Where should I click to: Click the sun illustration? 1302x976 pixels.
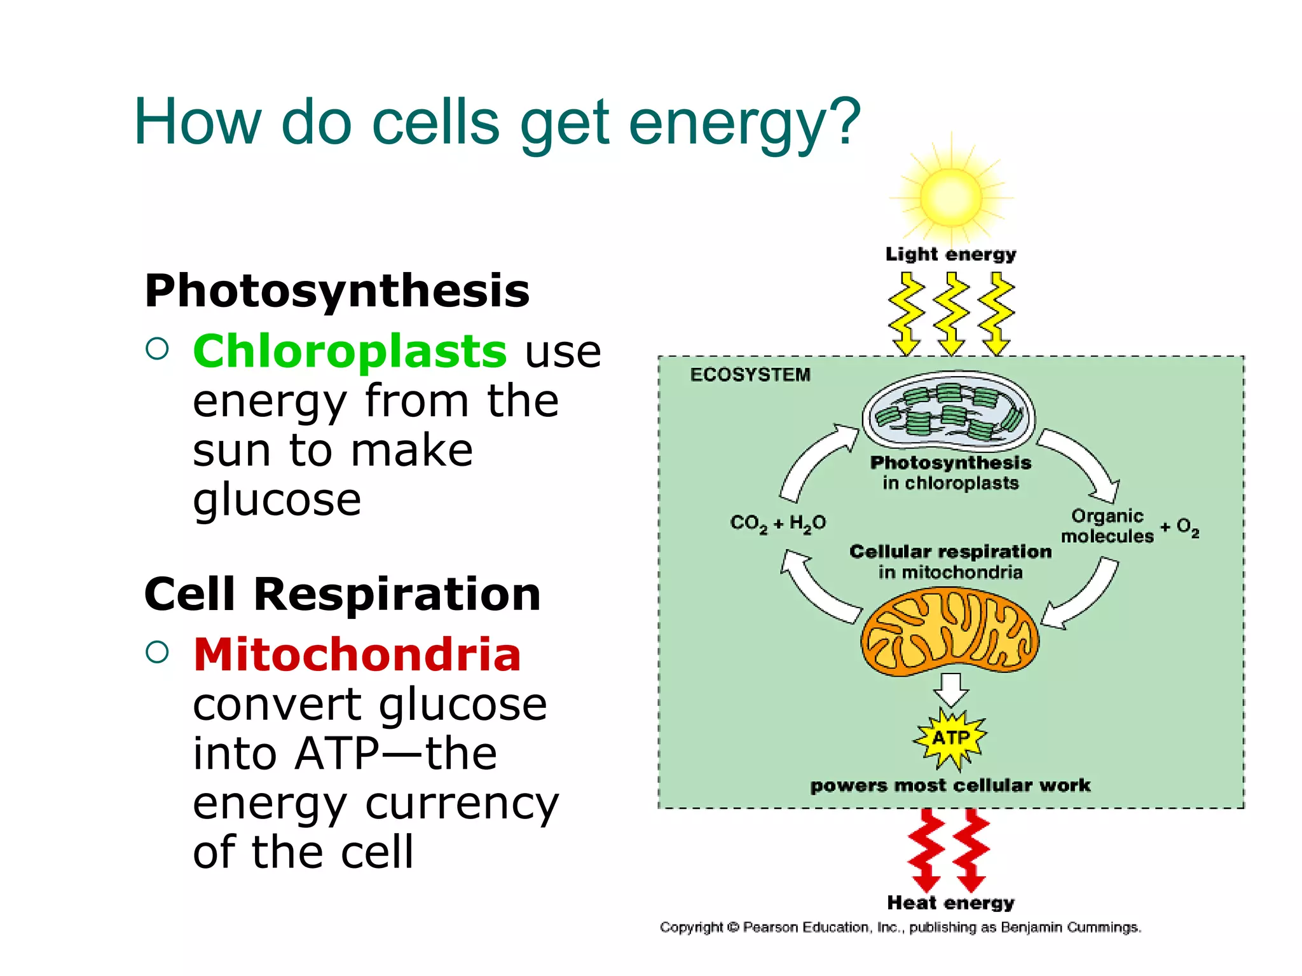tap(951, 197)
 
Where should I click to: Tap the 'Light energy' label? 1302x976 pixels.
tap(950, 254)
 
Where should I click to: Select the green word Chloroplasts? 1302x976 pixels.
tap(350, 351)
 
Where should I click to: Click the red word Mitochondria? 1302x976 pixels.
tap(357, 654)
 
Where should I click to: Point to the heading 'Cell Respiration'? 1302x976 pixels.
tap(342, 594)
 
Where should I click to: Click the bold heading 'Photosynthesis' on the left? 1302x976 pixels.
tap(337, 291)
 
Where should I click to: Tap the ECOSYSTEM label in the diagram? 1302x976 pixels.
tap(750, 375)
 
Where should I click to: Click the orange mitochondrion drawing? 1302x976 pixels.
tap(950, 631)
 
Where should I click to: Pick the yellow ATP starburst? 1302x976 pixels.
tap(950, 738)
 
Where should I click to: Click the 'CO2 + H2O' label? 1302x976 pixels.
tap(778, 524)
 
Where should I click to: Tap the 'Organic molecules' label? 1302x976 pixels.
tap(1107, 526)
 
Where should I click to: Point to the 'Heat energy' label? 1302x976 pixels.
tap(950, 903)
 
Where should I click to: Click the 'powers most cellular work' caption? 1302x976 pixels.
tap(950, 786)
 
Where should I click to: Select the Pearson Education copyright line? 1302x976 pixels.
tap(900, 928)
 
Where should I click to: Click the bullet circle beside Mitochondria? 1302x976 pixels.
tap(157, 652)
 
